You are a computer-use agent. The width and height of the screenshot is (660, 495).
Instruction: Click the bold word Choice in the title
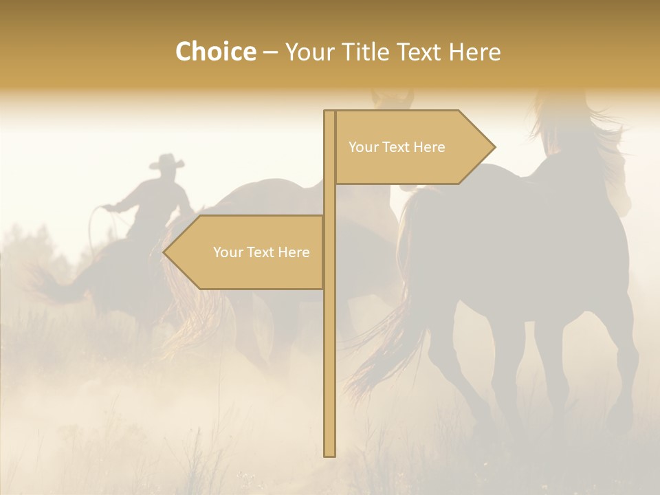(215, 52)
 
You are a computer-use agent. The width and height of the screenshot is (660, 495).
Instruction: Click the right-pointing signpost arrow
(412, 147)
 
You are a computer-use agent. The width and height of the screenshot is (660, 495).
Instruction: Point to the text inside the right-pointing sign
(397, 147)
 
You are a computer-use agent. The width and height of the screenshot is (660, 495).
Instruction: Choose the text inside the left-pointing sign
(261, 252)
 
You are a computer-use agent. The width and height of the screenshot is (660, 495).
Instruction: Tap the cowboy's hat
(167, 162)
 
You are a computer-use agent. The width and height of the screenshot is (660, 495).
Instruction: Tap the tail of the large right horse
(392, 330)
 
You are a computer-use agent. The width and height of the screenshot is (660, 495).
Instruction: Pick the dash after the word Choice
(270, 52)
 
